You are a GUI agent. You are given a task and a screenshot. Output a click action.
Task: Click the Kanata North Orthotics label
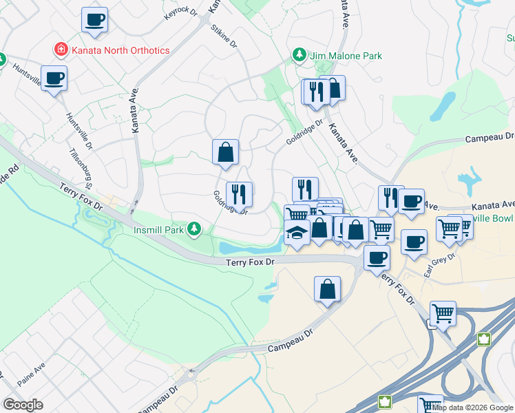click(x=120, y=50)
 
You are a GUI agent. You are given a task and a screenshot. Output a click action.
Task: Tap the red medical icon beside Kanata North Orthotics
click(x=61, y=50)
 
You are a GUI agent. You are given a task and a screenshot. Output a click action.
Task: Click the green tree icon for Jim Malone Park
click(x=299, y=55)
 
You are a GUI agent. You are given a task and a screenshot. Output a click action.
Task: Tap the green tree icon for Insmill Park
click(x=196, y=228)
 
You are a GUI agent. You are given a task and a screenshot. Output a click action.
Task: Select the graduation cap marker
click(x=297, y=234)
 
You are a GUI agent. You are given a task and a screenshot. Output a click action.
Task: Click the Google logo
click(x=23, y=405)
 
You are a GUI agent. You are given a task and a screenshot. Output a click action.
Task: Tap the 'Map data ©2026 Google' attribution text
click(x=472, y=407)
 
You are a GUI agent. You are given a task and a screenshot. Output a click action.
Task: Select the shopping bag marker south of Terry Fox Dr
click(x=328, y=289)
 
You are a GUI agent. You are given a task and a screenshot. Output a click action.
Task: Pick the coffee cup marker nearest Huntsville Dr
click(x=54, y=78)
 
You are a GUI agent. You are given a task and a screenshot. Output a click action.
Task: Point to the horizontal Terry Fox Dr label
click(x=251, y=262)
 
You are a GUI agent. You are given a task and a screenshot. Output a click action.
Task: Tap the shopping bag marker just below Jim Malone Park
click(x=333, y=87)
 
